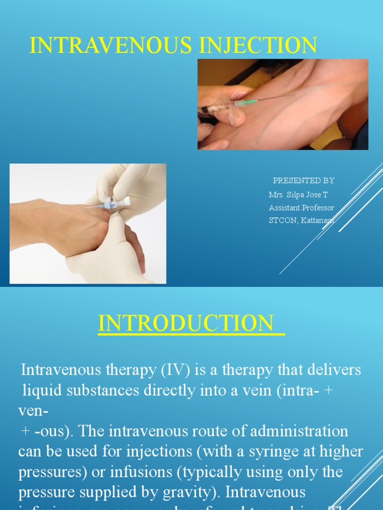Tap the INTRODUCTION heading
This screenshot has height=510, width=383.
pyautogui.click(x=191, y=323)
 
